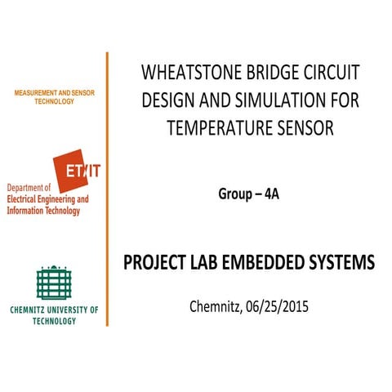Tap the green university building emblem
(x=54, y=282)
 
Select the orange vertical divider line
(x=107, y=188)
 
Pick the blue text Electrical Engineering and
(x=47, y=198)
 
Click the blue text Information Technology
(x=43, y=211)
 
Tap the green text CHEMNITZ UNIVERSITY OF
(x=54, y=310)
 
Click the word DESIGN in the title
(x=170, y=100)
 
